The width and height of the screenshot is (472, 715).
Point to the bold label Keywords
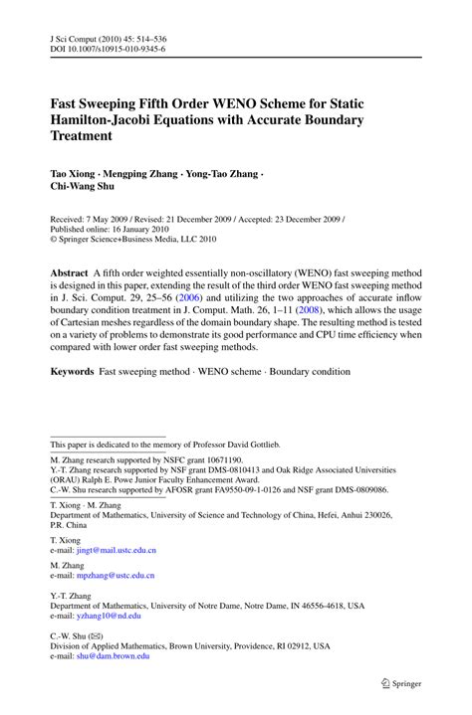coord(74,371)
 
